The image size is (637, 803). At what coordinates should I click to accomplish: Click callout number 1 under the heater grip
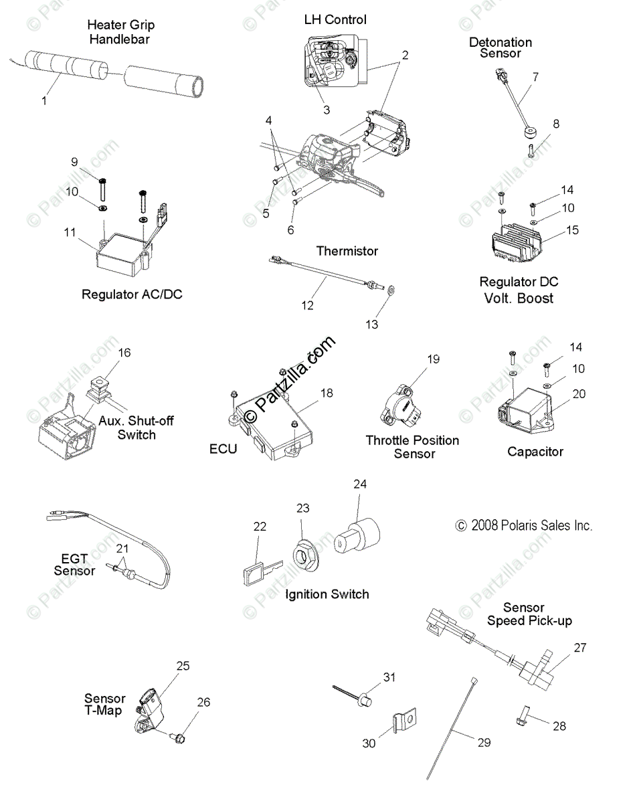coord(45,101)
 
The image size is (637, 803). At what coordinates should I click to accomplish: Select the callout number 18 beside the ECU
coord(327,393)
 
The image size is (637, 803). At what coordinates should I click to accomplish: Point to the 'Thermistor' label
coord(347,251)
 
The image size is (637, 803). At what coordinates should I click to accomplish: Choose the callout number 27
coord(579,648)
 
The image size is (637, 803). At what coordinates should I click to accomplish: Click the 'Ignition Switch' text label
coord(327,594)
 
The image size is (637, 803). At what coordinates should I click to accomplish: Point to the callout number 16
coord(125,353)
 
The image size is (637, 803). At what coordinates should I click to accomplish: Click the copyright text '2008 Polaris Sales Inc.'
coord(524,525)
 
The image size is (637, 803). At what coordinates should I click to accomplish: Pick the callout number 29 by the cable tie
coord(484,742)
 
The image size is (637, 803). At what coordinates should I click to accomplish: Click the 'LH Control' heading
coord(335,20)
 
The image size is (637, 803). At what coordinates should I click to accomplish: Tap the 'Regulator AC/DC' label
coord(132,294)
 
